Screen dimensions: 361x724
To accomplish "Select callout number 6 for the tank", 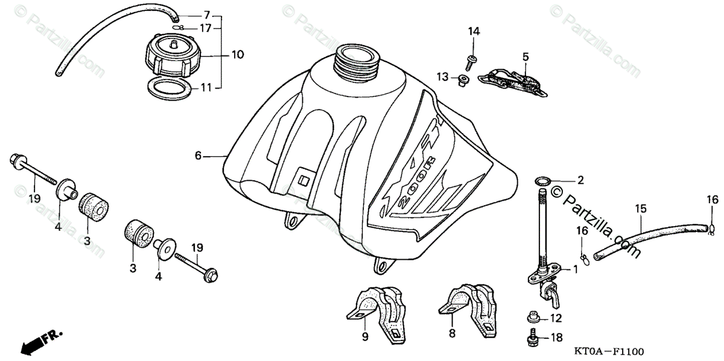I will pos(198,155).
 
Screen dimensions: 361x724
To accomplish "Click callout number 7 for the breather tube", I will pos(206,14).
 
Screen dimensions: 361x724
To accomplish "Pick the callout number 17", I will pos(206,28).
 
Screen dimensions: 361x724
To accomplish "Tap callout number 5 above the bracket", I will pos(526,57).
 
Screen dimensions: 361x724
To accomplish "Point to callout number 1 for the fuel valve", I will pos(575,270).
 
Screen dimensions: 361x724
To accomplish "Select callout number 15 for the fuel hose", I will pos(640,209).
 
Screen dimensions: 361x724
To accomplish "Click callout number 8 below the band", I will pos(453,333).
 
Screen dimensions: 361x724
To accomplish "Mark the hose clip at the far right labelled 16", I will pos(712,227).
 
